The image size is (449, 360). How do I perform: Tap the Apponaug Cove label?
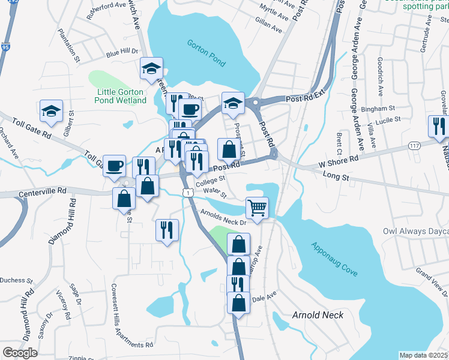click(334, 259)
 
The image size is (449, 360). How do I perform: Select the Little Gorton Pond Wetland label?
click(121, 96)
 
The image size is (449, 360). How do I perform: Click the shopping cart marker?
click(257, 208)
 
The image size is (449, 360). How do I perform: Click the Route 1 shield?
click(188, 192)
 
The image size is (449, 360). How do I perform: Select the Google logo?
click(20, 353)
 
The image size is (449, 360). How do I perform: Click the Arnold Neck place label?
click(318, 315)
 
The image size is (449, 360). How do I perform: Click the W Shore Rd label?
click(339, 159)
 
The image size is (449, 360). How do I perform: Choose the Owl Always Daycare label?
click(416, 231)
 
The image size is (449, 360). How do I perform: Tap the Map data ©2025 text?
click(423, 355)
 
